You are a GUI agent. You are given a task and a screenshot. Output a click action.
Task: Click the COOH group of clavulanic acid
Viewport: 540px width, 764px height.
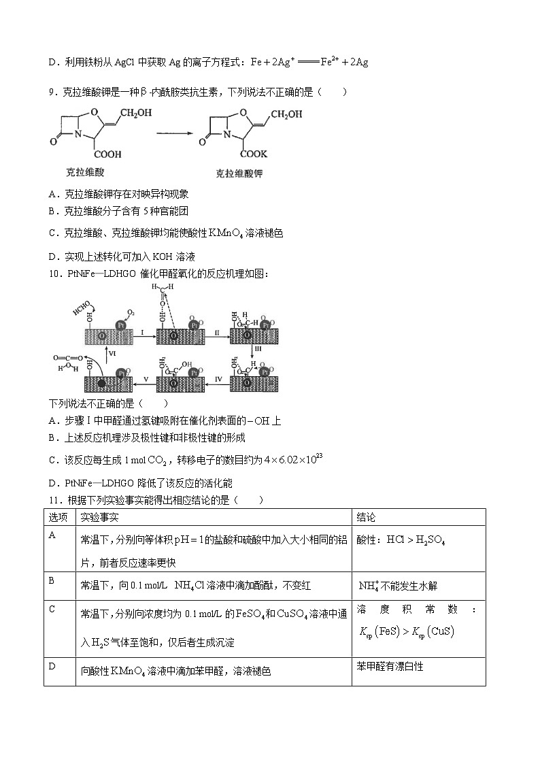108,154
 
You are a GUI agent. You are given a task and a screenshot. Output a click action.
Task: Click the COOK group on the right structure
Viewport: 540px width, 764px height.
253,154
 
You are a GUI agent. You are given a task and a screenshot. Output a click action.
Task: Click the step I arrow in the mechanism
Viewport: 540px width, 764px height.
143,337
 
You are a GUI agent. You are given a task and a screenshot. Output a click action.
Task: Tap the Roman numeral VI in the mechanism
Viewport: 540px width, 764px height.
112,353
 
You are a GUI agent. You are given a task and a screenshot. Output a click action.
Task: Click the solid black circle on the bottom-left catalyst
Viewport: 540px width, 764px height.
101,384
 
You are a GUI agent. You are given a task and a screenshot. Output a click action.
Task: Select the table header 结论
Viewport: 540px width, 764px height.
366,518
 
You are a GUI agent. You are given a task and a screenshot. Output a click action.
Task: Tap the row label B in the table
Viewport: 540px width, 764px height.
52,580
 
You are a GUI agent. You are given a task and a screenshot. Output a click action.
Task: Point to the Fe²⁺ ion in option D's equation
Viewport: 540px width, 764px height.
331,61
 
